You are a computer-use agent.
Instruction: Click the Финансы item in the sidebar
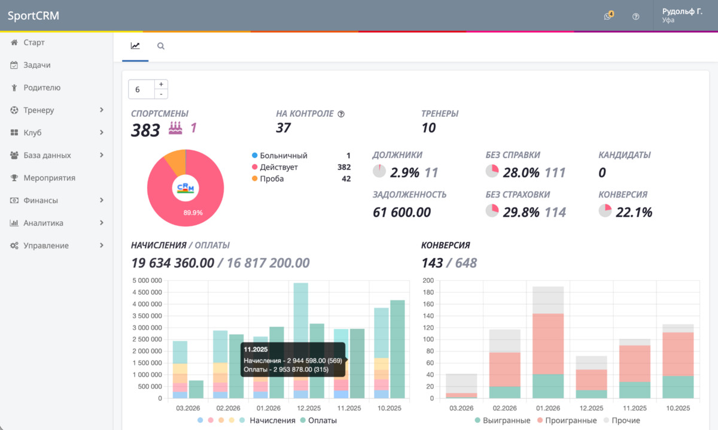41,200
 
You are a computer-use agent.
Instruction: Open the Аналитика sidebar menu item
43,223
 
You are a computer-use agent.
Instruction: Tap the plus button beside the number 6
161,84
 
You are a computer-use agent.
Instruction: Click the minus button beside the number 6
161,94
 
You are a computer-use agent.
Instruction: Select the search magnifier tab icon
160,46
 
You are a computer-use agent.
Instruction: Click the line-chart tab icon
135,46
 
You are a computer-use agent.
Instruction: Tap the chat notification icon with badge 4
608,16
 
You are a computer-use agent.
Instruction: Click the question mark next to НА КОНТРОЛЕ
341,114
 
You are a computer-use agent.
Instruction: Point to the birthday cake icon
175,128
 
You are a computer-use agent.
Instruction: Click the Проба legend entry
272,178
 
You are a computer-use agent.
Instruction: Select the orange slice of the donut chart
175,162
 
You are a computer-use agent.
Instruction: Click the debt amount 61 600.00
401,212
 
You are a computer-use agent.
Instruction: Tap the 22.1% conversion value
634,212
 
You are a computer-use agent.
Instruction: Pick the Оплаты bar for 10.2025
397,349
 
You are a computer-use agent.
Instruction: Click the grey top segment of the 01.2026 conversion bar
548,300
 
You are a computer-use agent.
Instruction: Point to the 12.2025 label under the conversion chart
591,408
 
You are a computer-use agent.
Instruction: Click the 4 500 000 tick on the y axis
147,292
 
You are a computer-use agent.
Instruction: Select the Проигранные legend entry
567,420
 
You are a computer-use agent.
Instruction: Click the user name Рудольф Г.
682,11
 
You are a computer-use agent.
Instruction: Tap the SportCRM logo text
34,16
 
